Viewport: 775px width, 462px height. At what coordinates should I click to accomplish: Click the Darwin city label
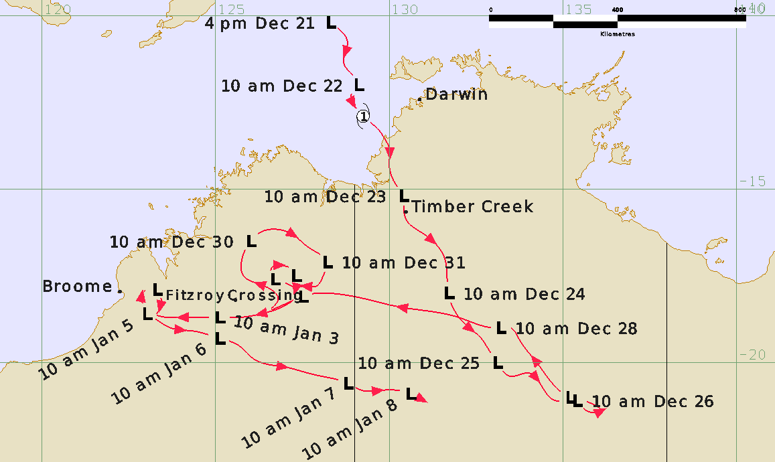(x=457, y=94)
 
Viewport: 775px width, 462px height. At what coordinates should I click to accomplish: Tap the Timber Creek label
(x=473, y=207)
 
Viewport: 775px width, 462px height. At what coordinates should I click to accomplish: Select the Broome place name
(x=77, y=287)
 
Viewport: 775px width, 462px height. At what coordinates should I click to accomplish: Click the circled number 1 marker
(x=362, y=117)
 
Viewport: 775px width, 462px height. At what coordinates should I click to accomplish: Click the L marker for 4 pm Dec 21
(x=331, y=23)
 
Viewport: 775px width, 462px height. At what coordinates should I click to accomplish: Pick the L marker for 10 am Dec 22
(x=359, y=85)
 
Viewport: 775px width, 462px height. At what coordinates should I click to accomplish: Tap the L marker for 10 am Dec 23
(x=404, y=196)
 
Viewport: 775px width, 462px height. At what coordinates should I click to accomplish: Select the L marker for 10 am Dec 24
(x=449, y=293)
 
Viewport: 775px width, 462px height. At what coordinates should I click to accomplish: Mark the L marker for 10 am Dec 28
(x=501, y=328)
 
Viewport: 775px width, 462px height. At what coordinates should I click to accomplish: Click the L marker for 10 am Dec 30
(x=252, y=241)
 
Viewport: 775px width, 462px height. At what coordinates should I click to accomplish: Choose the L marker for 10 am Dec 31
(x=328, y=262)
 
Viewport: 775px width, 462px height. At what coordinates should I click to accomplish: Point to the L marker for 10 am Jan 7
(x=348, y=383)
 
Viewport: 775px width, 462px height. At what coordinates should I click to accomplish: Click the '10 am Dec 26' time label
(x=653, y=402)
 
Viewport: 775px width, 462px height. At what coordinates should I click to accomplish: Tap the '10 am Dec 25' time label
(x=419, y=364)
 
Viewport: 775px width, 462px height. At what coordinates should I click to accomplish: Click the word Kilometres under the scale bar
(x=618, y=33)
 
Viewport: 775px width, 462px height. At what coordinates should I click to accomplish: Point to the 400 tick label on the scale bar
(x=618, y=10)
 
